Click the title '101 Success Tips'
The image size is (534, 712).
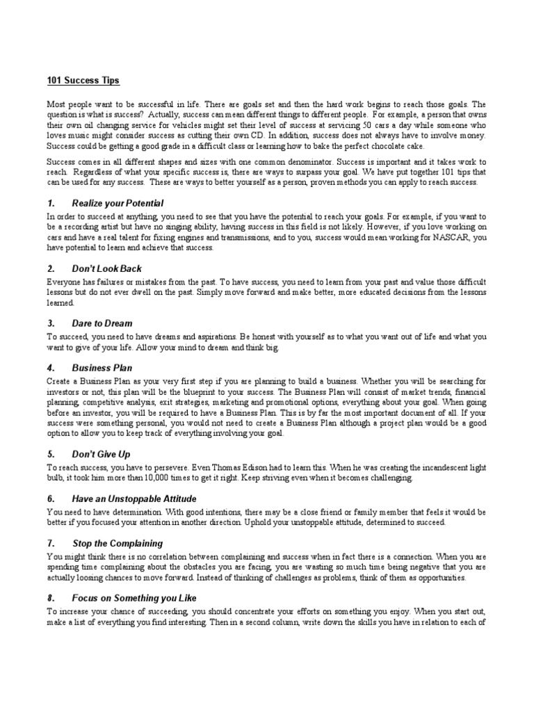83,81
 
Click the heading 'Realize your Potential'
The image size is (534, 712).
118,203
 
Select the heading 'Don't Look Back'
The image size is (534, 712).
107,268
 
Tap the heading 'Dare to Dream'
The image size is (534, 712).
102,323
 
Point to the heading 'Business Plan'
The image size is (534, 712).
102,368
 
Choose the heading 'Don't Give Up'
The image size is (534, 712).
101,454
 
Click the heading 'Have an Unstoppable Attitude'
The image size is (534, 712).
134,499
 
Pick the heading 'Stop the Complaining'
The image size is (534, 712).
118,543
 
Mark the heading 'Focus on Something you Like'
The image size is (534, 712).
134,597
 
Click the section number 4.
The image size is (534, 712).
51,368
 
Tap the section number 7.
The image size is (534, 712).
51,543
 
